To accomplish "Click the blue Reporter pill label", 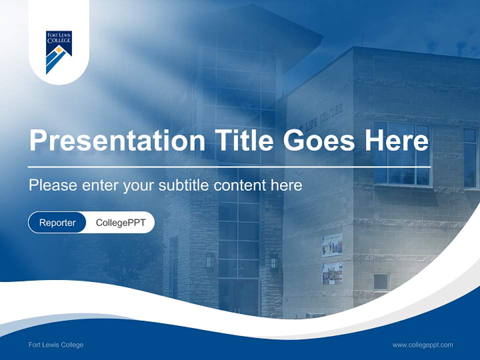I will click(x=57, y=222).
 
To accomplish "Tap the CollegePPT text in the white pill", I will click(x=120, y=222).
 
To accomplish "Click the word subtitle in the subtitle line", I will click(x=184, y=185).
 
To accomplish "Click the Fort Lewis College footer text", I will click(x=56, y=344).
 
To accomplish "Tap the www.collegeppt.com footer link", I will click(x=422, y=344).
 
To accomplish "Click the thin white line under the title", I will click(x=229, y=166).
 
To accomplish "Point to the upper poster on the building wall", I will click(x=332, y=244).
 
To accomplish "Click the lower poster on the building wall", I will click(x=332, y=273).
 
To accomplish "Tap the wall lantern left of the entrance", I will click(x=210, y=261).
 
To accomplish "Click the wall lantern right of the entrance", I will click(x=274, y=261).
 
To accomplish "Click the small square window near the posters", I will click(x=381, y=282).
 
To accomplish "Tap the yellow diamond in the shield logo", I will click(x=59, y=50).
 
